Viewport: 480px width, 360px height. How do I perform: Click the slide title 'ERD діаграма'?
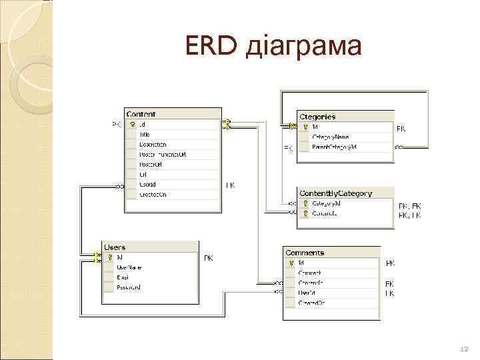coord(274,47)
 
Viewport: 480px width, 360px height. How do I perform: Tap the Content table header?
coord(141,115)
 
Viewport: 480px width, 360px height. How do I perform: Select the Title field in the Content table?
coord(145,134)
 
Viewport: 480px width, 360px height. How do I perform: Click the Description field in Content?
coord(153,144)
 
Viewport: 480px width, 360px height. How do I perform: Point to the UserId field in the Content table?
coord(147,184)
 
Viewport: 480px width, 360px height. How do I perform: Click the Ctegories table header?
coord(317,117)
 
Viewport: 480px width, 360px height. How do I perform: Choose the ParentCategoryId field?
coord(334,146)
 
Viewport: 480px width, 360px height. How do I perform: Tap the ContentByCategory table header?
coord(335,193)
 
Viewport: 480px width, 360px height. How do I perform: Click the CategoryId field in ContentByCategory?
coord(326,203)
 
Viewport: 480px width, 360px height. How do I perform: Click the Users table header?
coord(115,247)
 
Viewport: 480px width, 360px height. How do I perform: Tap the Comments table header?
coord(305,253)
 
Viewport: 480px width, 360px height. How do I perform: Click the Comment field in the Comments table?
coord(309,273)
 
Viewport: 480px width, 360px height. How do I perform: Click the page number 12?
coord(465,349)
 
